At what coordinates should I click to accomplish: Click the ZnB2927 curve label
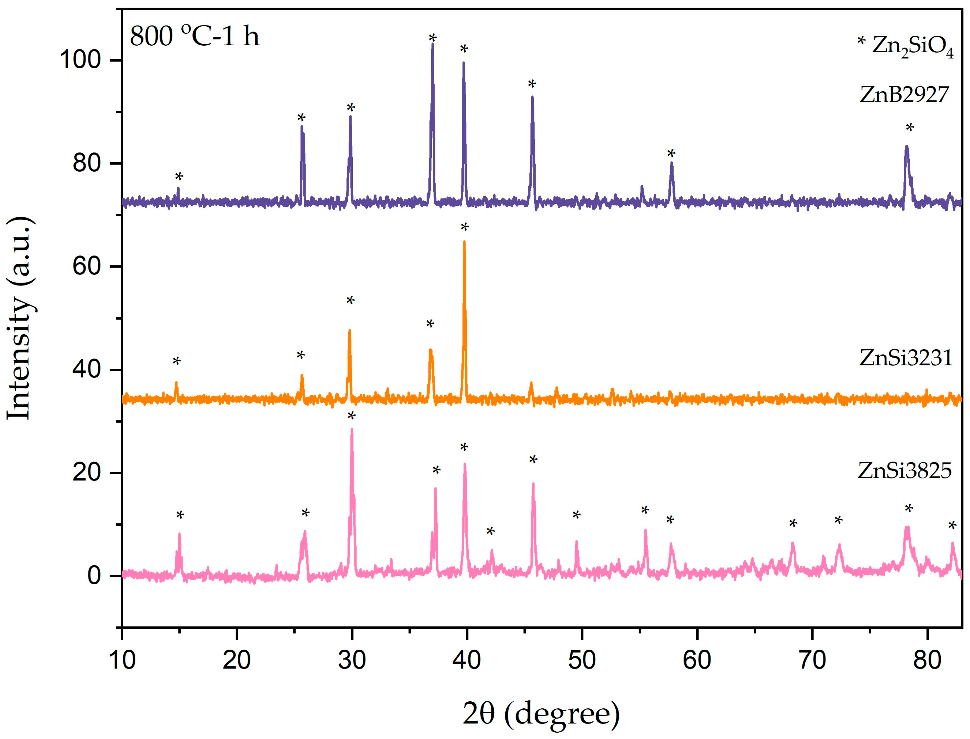[904, 95]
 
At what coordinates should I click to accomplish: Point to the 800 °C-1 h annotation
[194, 36]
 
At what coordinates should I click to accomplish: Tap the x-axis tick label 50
[582, 660]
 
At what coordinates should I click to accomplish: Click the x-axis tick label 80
[927, 660]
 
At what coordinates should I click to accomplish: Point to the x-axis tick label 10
[122, 660]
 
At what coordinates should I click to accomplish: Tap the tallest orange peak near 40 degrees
[464, 242]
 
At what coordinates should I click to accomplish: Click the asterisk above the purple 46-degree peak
[532, 84]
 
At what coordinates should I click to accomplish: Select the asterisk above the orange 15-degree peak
[176, 361]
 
